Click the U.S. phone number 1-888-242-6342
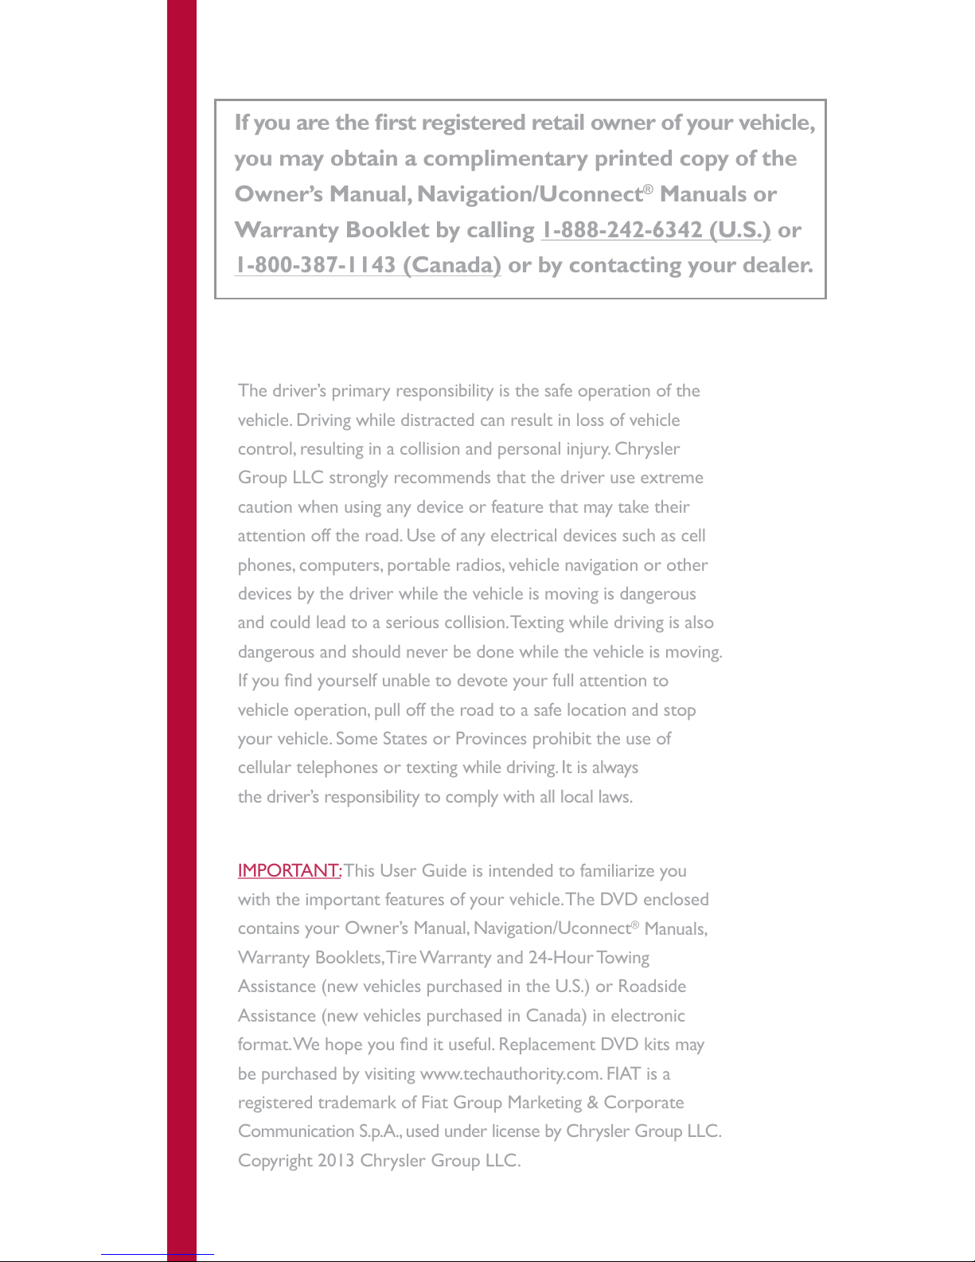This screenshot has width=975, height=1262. tap(655, 230)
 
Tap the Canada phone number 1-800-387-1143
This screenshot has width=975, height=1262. tap(368, 265)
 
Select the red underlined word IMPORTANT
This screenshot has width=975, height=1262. tap(289, 870)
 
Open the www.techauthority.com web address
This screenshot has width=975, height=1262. tap(509, 1074)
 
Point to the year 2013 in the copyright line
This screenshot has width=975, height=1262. tap(336, 1161)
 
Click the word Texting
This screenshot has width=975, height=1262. tap(537, 623)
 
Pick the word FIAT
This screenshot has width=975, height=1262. tap(623, 1074)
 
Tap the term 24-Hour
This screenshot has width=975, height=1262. tap(560, 958)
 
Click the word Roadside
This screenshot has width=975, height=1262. tap(652, 987)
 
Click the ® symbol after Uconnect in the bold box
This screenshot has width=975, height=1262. tap(649, 189)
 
